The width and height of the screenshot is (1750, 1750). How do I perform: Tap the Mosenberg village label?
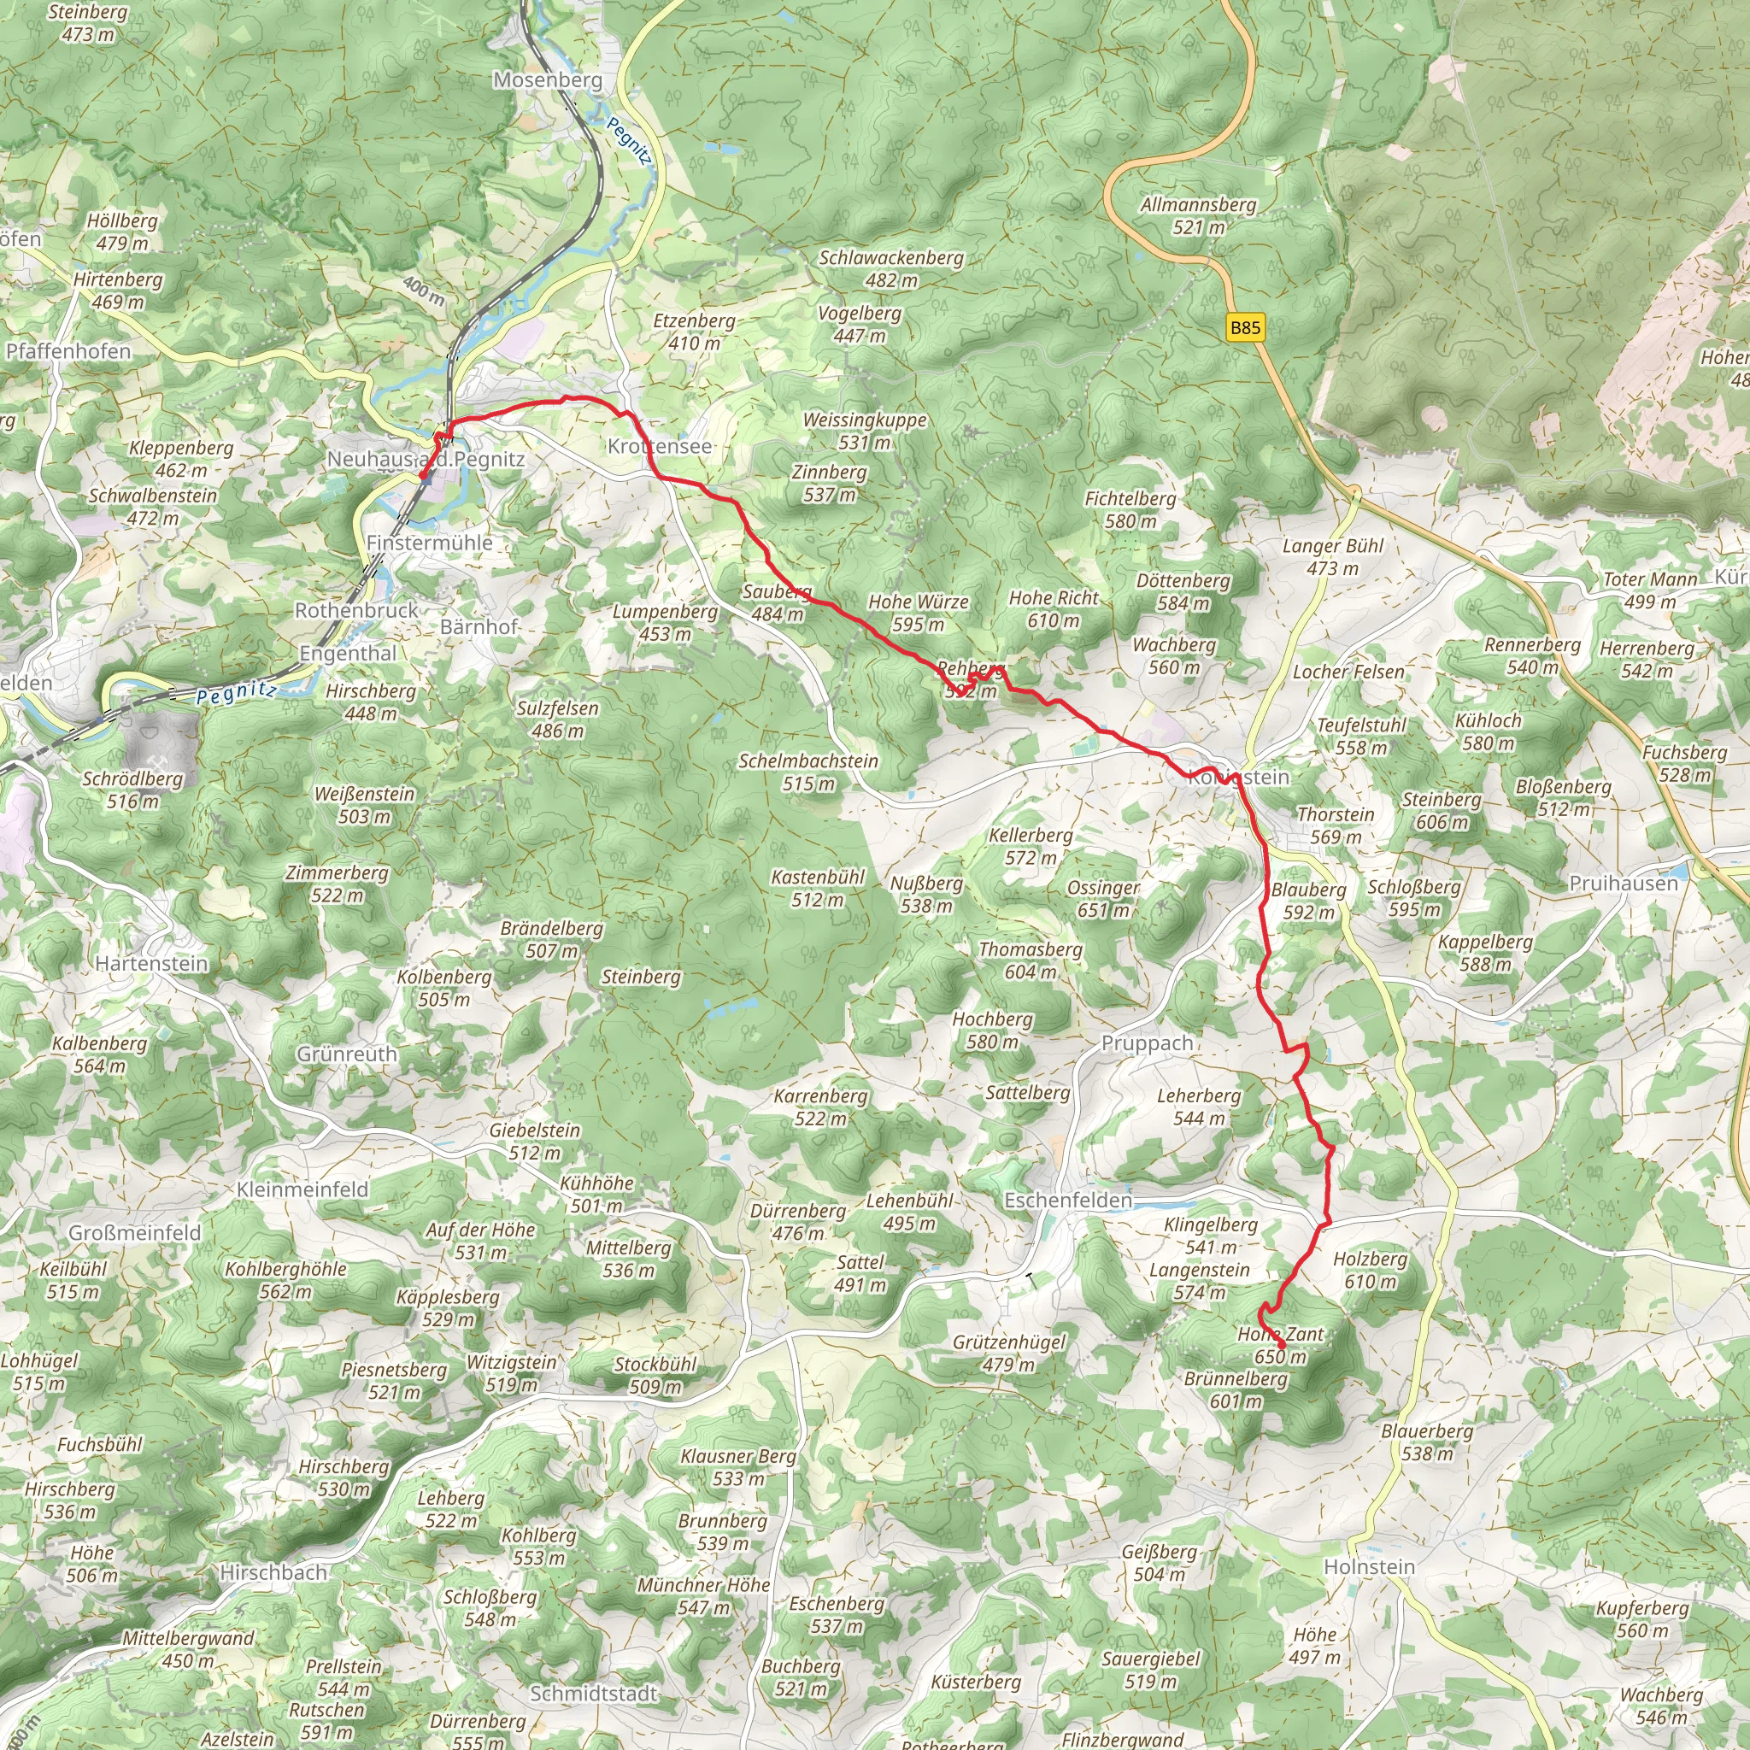click(x=547, y=79)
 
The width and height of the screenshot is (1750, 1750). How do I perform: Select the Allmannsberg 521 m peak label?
click(x=1197, y=215)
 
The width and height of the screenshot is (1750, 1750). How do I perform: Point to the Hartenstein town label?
click(x=151, y=963)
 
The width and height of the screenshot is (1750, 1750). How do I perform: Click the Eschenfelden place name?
click(x=1067, y=1201)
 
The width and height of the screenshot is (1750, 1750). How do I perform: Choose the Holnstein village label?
click(x=1369, y=1566)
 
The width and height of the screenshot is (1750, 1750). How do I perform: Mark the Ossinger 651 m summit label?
click(x=1103, y=899)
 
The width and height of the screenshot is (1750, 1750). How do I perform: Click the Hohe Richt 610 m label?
click(x=1054, y=608)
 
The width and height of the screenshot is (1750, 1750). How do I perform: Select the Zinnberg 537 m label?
click(x=829, y=483)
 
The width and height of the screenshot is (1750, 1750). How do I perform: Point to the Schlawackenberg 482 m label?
click(x=891, y=269)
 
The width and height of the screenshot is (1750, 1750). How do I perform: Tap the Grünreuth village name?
click(x=347, y=1054)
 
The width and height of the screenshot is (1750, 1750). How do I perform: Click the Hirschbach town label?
click(x=273, y=1572)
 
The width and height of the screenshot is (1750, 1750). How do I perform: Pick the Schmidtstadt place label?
click(x=593, y=1693)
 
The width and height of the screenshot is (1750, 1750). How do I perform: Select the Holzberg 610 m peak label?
click(x=1370, y=1270)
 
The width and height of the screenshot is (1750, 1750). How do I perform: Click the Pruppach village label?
click(x=1147, y=1042)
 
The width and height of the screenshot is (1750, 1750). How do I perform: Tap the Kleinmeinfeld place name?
click(x=302, y=1189)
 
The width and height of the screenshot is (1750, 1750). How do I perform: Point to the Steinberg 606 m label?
click(x=1442, y=811)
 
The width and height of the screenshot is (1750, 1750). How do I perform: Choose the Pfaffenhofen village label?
click(x=68, y=350)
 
